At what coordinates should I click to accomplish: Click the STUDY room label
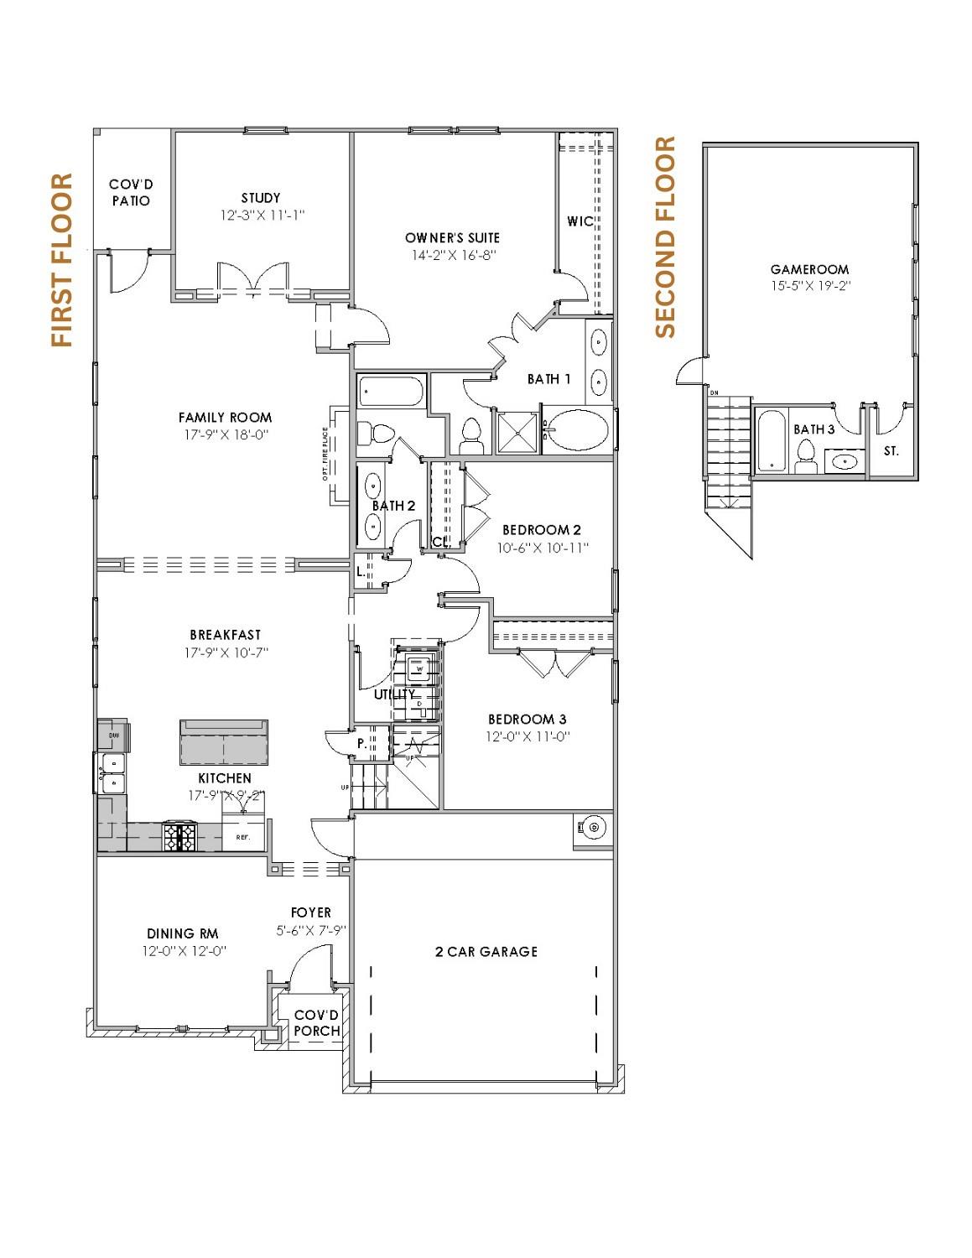coord(260,198)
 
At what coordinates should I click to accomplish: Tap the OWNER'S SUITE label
coord(452,238)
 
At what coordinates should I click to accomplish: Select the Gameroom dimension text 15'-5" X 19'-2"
coord(809,285)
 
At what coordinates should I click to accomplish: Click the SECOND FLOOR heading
coord(665,237)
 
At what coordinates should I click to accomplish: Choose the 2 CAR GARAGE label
coord(486,951)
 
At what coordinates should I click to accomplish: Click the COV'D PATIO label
coord(131,193)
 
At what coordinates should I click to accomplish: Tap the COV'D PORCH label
coord(317,1022)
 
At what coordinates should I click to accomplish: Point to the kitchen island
coord(223,741)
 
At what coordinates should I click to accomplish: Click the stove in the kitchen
coord(179,836)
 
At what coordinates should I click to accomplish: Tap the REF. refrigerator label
coord(243,836)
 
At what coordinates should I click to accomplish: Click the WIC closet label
coord(580,221)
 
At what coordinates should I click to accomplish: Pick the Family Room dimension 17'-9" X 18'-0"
coord(225,434)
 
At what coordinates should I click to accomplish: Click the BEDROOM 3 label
coord(527,719)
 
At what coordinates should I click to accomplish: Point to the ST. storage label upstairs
coord(891,451)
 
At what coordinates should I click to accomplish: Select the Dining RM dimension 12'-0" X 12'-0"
coord(185,951)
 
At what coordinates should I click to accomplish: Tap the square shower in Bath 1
coord(517,431)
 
